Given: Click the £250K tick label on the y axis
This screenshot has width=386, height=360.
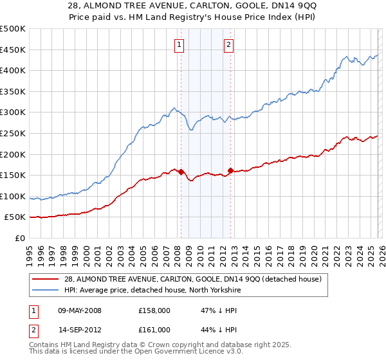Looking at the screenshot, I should coord(13,133).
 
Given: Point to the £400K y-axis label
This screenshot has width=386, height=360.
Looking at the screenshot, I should coord(13,70).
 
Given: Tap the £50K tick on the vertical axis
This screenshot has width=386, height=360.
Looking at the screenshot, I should coord(15,217).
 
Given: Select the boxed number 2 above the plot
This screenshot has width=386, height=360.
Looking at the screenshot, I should coord(228,44).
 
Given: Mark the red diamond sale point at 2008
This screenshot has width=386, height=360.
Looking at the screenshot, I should coord(181,172).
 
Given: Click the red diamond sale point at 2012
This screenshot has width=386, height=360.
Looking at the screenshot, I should coord(230,170).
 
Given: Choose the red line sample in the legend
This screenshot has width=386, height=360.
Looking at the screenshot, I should coord(45,279).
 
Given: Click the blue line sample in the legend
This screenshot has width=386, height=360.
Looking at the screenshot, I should coord(45,289).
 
